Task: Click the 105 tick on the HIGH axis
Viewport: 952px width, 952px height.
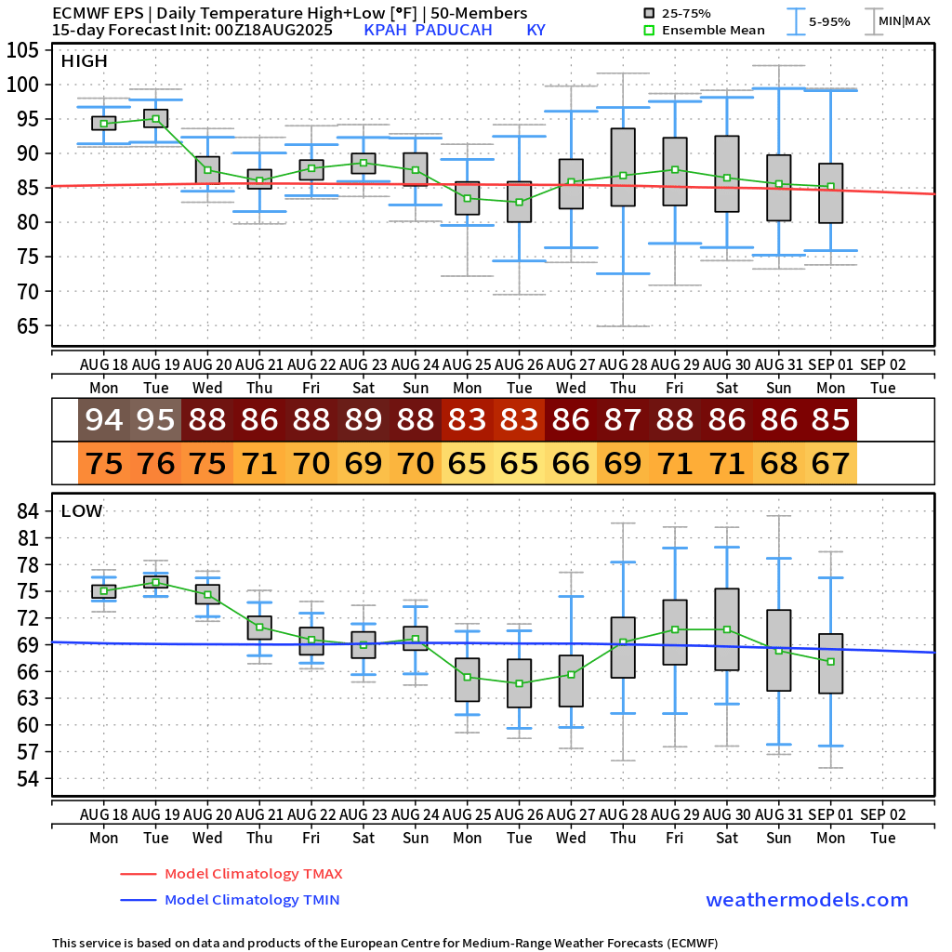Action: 26,50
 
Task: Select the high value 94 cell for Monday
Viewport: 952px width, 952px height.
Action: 104,420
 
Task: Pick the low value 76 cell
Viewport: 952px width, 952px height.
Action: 156,463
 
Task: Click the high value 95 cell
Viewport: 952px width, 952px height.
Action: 156,420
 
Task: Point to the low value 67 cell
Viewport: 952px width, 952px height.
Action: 831,463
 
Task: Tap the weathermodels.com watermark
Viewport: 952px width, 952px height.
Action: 807,900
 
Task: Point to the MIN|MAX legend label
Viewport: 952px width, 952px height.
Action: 904,20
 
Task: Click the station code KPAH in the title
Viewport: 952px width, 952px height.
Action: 385,30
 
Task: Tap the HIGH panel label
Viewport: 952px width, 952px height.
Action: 85,61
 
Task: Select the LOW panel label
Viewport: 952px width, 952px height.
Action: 82,511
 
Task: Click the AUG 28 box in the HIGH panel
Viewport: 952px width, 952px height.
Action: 623,166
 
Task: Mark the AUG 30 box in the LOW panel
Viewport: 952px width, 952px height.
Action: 727,628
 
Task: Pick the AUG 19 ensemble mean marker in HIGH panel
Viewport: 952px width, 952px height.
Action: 156,119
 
